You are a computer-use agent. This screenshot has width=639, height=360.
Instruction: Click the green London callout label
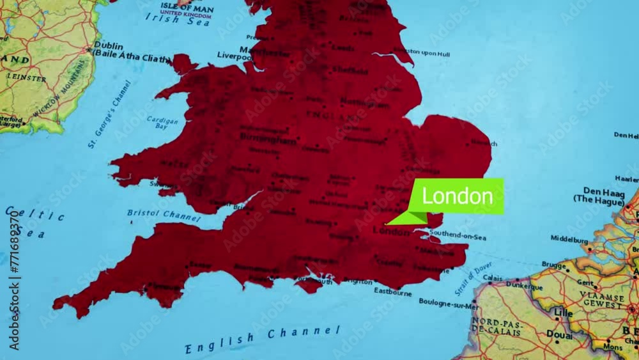458,196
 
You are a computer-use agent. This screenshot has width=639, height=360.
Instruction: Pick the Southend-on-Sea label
458,237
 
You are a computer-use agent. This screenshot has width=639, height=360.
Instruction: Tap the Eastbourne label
393,292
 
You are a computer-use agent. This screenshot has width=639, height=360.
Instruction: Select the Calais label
492,278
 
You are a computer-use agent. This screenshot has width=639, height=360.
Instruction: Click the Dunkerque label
525,281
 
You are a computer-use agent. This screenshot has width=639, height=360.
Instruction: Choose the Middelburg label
569,239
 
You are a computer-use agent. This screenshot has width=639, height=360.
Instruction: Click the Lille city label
563,313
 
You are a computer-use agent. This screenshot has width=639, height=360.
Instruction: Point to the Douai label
560,334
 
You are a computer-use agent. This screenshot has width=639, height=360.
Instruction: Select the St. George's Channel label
109,114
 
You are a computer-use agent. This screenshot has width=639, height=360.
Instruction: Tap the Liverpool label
235,56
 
